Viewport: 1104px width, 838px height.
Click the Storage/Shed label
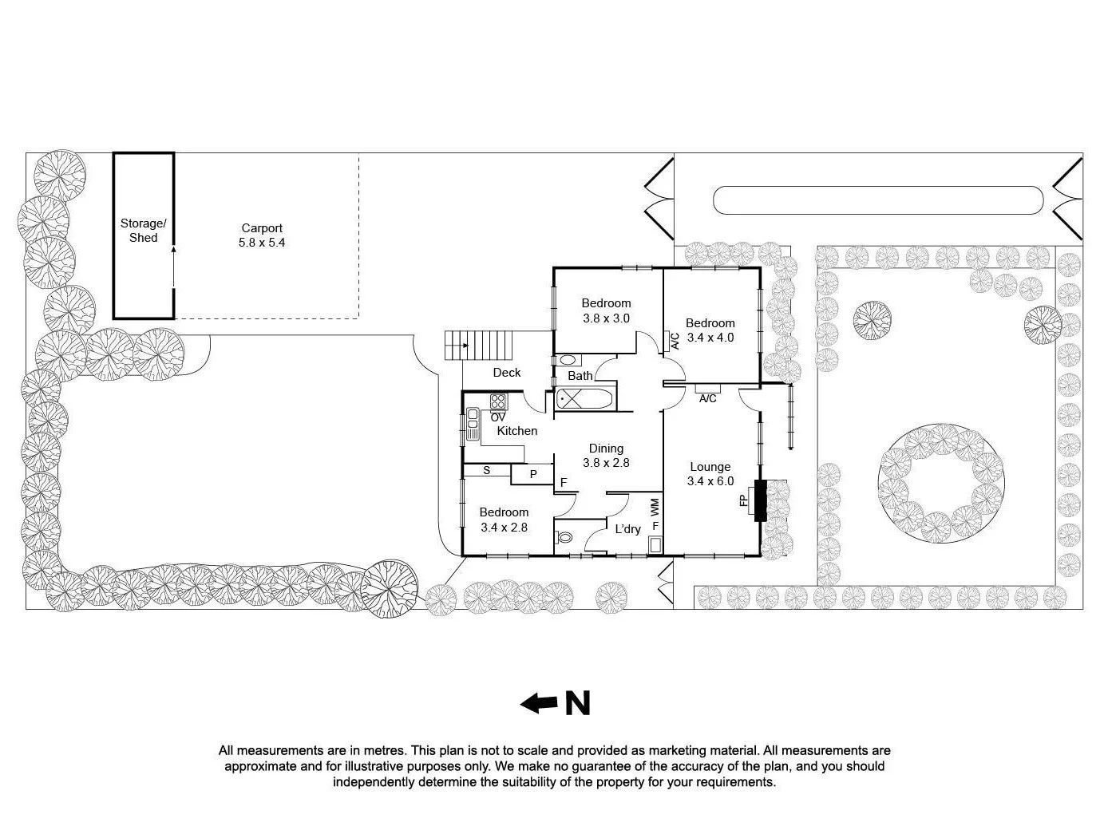tap(144, 231)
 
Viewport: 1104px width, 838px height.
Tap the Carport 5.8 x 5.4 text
tap(262, 235)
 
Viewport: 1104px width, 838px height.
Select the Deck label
tap(506, 373)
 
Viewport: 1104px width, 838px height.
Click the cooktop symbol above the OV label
tap(498, 401)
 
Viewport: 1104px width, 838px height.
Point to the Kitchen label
tap(517, 431)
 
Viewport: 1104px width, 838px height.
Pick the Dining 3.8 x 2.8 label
tap(606, 456)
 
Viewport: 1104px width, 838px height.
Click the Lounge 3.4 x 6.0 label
tap(710, 474)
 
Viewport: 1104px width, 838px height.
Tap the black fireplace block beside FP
tap(760, 500)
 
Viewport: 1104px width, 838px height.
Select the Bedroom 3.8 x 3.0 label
tap(606, 310)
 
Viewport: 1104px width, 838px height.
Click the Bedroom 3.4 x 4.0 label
tap(710, 330)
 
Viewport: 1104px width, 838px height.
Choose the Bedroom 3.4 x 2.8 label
tap(504, 520)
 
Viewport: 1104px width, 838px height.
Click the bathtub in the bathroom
tap(585, 399)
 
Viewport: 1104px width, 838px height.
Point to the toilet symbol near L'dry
tap(564, 537)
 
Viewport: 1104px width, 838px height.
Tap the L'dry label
tap(627, 528)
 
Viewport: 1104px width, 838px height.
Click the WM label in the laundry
tap(655, 506)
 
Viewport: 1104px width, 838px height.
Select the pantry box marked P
tap(532, 474)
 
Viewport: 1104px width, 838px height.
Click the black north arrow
tap(539, 703)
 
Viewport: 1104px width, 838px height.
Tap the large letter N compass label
tap(578, 703)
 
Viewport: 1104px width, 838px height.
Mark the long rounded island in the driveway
tap(877, 200)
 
